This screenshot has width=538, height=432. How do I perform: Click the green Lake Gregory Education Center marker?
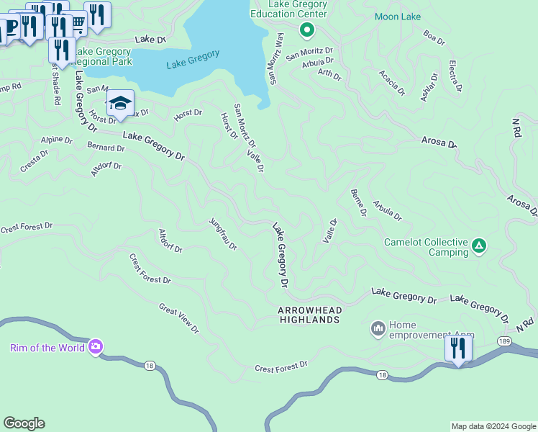tap(306, 30)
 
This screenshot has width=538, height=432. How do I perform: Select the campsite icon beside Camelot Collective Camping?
tap(479, 247)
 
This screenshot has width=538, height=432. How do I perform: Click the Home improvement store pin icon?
tap(378, 329)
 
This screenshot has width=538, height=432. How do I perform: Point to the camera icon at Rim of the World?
tap(95, 348)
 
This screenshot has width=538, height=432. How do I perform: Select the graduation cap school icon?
tap(120, 102)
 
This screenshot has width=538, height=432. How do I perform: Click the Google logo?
tap(24, 423)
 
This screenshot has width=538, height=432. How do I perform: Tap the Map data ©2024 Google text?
tap(493, 426)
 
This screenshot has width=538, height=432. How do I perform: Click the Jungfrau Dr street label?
tap(223, 235)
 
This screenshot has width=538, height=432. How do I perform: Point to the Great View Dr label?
tap(178, 318)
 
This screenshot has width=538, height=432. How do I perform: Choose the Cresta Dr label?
tap(34, 161)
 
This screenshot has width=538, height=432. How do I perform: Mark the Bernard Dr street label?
tap(106, 148)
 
